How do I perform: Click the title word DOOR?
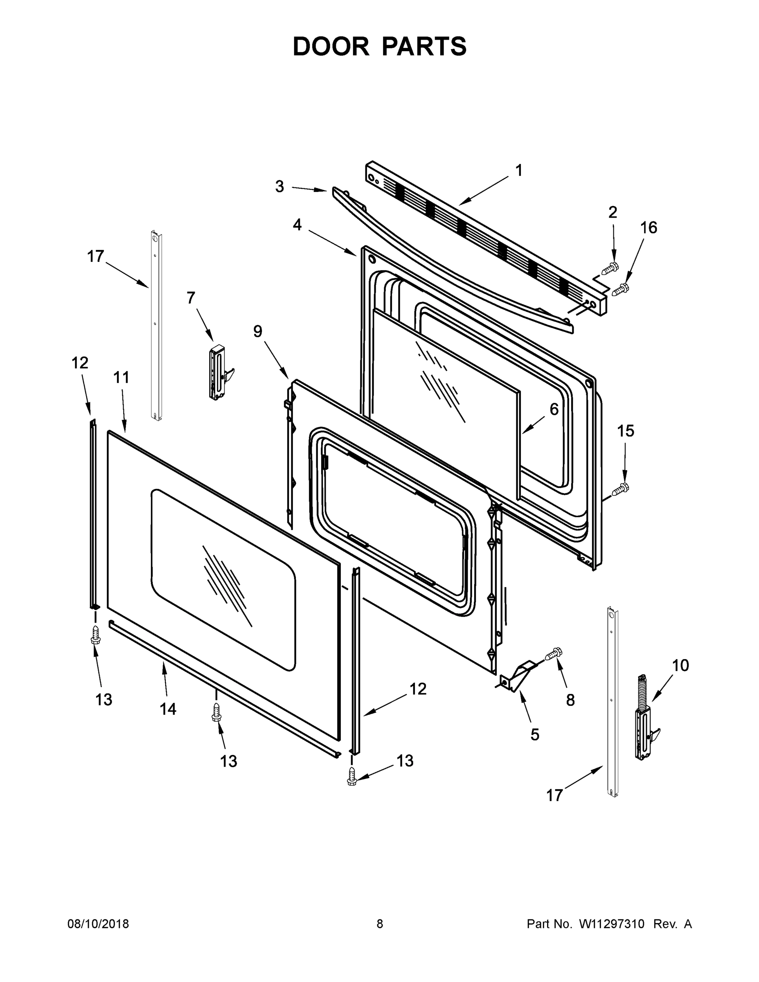331,47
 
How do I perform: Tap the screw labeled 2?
610,268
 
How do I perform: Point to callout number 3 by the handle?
280,187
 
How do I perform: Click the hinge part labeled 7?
218,372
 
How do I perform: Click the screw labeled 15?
622,487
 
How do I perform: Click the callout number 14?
168,709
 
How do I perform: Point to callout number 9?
258,331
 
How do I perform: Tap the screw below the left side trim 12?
95,635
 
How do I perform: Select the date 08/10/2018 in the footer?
98,924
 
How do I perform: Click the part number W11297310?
612,924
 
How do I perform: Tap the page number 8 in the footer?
380,924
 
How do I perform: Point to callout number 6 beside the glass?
554,409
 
